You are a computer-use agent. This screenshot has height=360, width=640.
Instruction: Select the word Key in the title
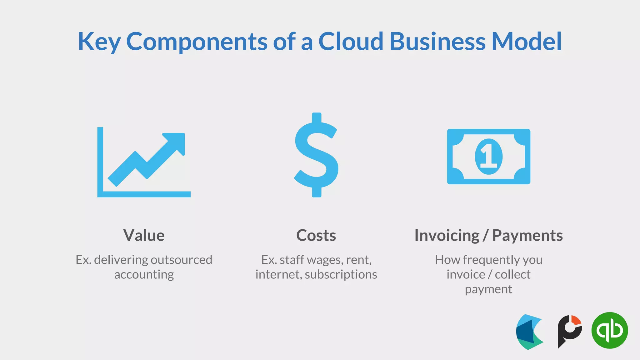click(99, 42)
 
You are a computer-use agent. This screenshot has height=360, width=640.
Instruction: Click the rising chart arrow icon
click(144, 162)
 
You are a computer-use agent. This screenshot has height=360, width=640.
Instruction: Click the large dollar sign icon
click(316, 155)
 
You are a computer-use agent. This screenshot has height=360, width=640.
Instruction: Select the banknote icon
click(488, 156)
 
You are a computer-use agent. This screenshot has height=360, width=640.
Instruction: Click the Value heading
click(144, 235)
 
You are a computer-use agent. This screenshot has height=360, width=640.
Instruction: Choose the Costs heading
click(316, 235)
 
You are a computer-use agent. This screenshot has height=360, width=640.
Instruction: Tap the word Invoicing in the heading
click(447, 235)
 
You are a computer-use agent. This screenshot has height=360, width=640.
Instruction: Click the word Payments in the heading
click(527, 235)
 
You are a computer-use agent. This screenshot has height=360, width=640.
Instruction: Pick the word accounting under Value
click(144, 274)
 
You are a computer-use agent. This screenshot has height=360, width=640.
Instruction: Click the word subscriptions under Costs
click(341, 274)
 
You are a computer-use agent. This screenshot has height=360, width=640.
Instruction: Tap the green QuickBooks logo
click(609, 330)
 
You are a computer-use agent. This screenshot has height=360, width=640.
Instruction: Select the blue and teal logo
click(529, 332)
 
